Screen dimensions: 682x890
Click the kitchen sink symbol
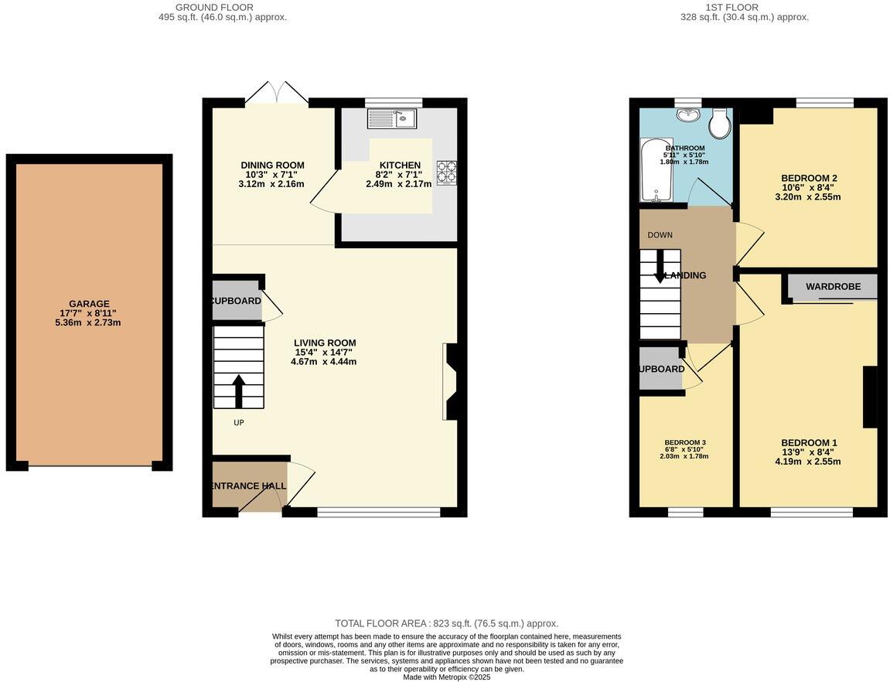(x=392, y=118)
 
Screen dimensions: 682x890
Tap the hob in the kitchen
(x=447, y=171)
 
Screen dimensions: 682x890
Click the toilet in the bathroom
(x=720, y=123)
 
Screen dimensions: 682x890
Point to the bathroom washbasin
(x=687, y=115)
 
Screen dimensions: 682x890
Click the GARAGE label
(x=88, y=304)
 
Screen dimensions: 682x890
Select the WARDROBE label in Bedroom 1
(x=833, y=287)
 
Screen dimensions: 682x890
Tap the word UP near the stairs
(x=239, y=423)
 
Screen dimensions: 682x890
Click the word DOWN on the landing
(x=660, y=235)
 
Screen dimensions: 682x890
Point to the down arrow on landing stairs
(x=660, y=268)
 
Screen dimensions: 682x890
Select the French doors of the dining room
(x=277, y=93)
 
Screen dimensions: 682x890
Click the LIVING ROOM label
(x=325, y=343)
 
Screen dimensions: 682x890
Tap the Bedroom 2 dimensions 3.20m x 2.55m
(x=808, y=197)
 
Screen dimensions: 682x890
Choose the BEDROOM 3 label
(x=684, y=443)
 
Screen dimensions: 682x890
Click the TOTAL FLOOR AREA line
(x=446, y=623)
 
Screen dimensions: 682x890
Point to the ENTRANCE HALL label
(x=248, y=486)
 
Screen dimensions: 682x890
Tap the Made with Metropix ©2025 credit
(x=446, y=677)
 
